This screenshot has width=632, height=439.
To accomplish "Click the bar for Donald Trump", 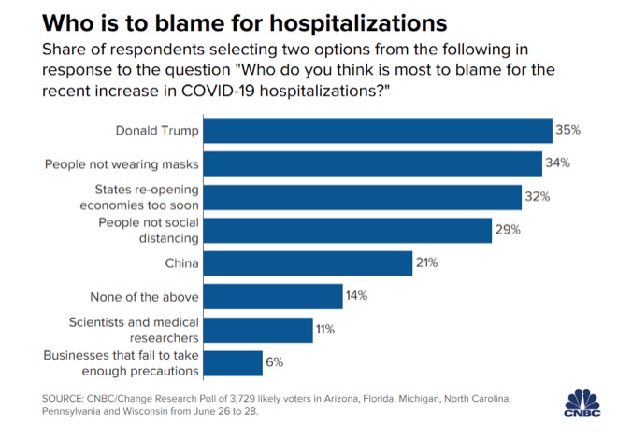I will tap(377, 130).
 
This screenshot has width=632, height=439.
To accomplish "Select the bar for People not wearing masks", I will tap(373, 163).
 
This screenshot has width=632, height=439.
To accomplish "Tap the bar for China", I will tap(308, 263).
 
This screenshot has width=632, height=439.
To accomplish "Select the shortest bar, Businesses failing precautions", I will tap(233, 363).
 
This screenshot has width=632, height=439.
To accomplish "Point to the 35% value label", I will tap(568, 130).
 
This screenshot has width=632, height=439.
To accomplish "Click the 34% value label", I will tap(558, 163).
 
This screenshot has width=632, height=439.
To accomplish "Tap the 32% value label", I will tap(538, 197).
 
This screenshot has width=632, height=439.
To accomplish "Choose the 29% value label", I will tap(508, 231).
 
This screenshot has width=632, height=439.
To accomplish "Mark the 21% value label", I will tap(427, 263).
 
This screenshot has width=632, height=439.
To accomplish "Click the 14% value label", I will tap(357, 297).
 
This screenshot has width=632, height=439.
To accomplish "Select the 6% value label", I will tap(274, 363).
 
